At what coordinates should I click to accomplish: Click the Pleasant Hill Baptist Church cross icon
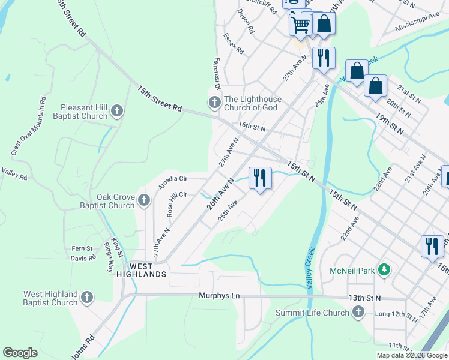click(x=117, y=111)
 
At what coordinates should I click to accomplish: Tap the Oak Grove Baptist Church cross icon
click(x=143, y=200)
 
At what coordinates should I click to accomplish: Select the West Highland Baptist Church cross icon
click(x=87, y=298)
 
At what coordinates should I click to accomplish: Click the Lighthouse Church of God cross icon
click(x=214, y=103)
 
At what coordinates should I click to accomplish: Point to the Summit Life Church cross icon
click(x=358, y=312)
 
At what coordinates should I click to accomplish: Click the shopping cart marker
click(x=300, y=25)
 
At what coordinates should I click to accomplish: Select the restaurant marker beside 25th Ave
click(x=259, y=178)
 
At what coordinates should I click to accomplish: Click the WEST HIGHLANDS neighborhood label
click(x=140, y=270)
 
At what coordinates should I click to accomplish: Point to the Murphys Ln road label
click(x=219, y=296)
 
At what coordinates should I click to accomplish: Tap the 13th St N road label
click(x=365, y=298)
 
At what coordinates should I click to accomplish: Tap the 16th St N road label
click(x=252, y=127)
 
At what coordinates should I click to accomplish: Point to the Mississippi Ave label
click(x=418, y=25)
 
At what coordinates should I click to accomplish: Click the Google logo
click(x=20, y=353)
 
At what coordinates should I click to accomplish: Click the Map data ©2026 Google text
click(x=411, y=355)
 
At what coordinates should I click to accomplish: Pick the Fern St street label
click(x=82, y=248)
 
